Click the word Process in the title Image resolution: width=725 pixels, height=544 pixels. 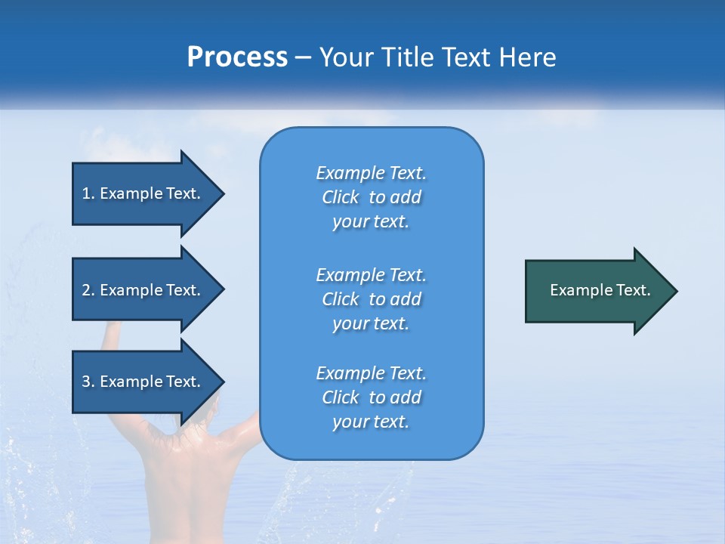pyautogui.click(x=237, y=57)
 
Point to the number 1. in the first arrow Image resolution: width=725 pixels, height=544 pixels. pyautogui.click(x=88, y=193)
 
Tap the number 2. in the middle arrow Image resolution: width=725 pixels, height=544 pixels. pyautogui.click(x=88, y=290)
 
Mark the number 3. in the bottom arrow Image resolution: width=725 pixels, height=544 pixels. pyautogui.click(x=88, y=382)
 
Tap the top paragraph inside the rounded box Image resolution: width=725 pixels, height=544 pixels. pyautogui.click(x=372, y=197)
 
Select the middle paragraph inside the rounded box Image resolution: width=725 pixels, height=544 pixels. pyautogui.click(x=372, y=299)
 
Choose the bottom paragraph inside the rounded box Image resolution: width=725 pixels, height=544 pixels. pyautogui.click(x=372, y=397)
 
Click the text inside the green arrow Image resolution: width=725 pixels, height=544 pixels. pyautogui.click(x=600, y=290)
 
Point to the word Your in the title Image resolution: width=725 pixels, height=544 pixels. pyautogui.click(x=344, y=57)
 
